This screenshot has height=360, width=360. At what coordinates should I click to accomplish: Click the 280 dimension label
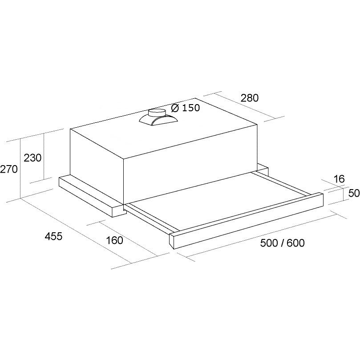point(249,98)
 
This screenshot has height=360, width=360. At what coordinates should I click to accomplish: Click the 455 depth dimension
point(53,236)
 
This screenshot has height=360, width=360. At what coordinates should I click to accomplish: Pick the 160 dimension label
point(115,240)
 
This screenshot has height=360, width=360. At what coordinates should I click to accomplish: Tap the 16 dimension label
point(339,179)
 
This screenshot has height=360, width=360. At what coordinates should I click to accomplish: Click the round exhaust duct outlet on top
point(157,111)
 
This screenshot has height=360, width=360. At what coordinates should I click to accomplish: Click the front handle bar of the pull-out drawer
point(249,218)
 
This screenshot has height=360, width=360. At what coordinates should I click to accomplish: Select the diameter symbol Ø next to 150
point(175,108)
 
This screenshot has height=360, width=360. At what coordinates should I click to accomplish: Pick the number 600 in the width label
point(296,243)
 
